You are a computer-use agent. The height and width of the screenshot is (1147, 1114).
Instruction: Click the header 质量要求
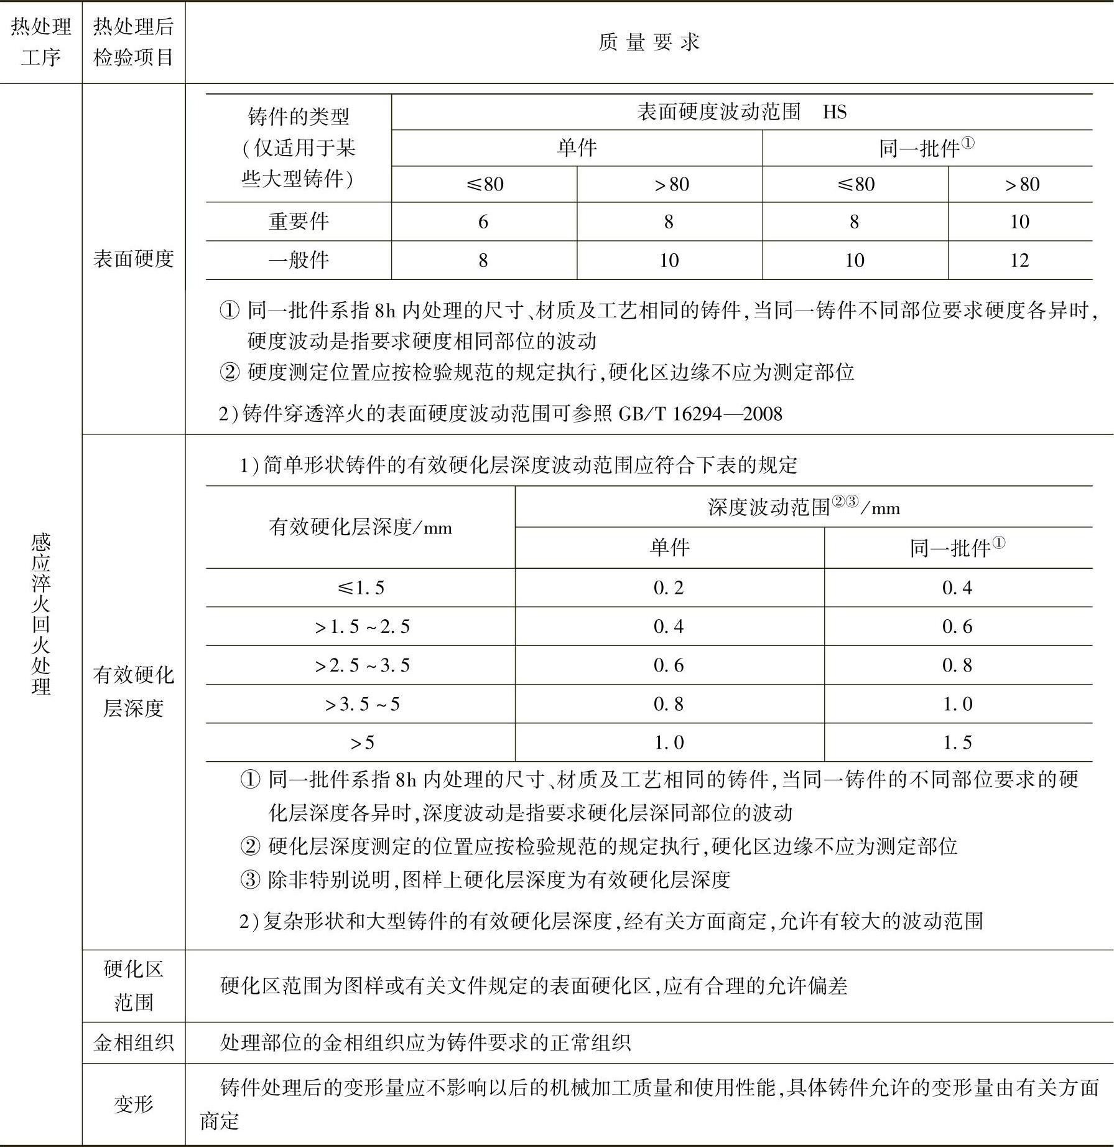(x=649, y=42)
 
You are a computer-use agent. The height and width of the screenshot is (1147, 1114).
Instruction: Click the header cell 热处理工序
(x=41, y=42)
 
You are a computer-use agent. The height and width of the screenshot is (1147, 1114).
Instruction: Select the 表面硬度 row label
(x=133, y=259)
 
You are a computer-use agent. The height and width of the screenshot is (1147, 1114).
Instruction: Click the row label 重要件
(x=299, y=222)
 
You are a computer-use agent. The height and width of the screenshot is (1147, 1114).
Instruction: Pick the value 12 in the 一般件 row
(x=1019, y=260)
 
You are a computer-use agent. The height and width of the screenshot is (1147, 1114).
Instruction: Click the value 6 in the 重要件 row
(x=483, y=222)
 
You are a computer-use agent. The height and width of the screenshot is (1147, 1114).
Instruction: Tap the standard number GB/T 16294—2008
(x=700, y=414)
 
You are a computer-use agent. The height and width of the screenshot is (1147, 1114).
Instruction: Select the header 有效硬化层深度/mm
(x=360, y=527)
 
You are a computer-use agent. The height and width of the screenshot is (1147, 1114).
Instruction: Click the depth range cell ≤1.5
(x=360, y=588)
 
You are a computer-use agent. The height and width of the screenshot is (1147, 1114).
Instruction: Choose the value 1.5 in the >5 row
(x=957, y=742)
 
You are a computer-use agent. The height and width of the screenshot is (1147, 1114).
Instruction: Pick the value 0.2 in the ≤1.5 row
(x=669, y=588)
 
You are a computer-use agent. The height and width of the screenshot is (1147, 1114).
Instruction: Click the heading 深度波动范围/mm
(x=803, y=507)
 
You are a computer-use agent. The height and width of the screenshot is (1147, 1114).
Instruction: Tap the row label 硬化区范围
(x=133, y=985)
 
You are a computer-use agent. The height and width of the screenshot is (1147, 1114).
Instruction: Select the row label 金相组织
(x=133, y=1042)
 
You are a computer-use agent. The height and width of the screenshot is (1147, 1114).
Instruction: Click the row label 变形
(x=133, y=1103)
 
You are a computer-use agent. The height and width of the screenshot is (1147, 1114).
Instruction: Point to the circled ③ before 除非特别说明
(x=249, y=879)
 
